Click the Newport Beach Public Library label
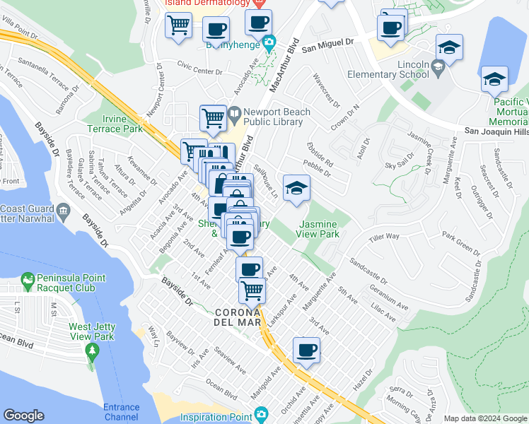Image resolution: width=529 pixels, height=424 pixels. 274,117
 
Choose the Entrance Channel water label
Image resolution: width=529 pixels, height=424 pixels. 121,412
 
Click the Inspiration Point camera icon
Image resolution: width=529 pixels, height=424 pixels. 261,413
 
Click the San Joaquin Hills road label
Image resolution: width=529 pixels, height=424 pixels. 496,131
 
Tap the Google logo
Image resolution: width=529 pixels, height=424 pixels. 24,416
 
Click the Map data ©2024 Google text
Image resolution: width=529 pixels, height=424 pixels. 485,418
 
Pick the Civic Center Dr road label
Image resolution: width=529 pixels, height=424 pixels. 199,71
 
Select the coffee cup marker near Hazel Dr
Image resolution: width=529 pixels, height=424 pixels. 306,351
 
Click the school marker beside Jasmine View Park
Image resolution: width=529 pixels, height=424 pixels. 296,189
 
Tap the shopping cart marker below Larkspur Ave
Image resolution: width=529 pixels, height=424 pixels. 252,290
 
